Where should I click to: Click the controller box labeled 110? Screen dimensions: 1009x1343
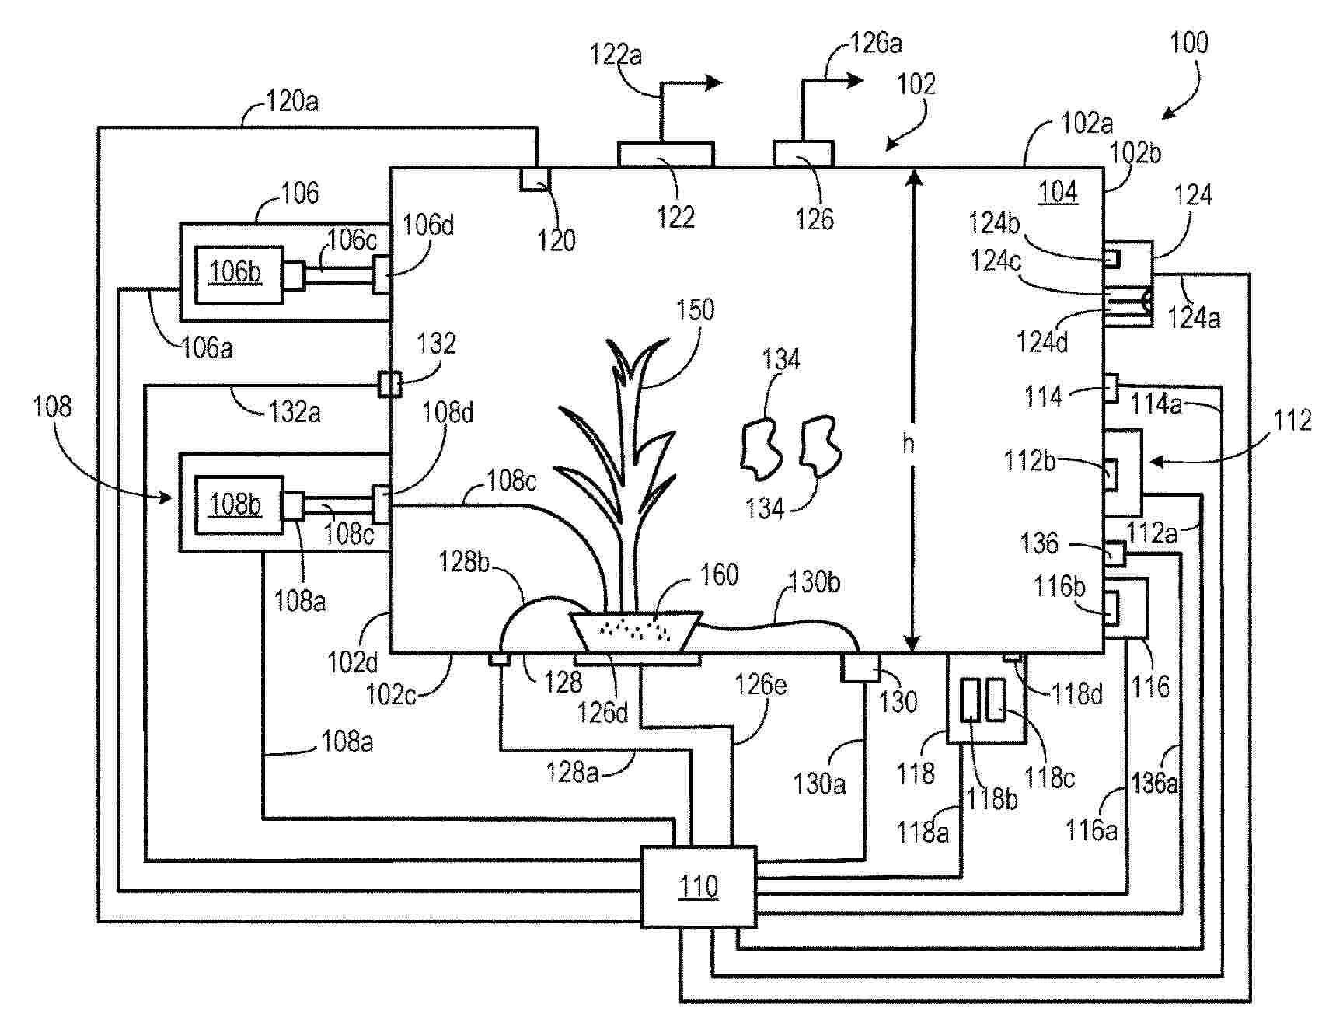click(x=698, y=886)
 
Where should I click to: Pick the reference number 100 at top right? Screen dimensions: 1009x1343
click(x=1189, y=43)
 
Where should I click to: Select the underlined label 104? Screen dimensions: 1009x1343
click(x=1058, y=192)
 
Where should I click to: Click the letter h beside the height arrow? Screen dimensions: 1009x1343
click(x=908, y=444)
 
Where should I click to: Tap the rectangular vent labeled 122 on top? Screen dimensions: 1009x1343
click(x=665, y=154)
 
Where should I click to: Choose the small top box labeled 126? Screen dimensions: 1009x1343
click(x=803, y=153)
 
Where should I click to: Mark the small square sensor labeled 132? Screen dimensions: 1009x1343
click(x=389, y=383)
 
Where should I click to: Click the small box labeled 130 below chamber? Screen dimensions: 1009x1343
click(x=861, y=668)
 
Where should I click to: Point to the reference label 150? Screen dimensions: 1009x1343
click(x=695, y=310)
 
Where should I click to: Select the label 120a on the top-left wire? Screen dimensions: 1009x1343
click(x=291, y=102)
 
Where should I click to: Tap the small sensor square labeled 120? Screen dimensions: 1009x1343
click(x=535, y=179)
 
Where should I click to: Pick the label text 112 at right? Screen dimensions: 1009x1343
click(x=1292, y=421)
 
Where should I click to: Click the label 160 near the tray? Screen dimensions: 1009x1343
click(x=719, y=575)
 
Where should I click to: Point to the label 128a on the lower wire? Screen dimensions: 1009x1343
click(x=573, y=773)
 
